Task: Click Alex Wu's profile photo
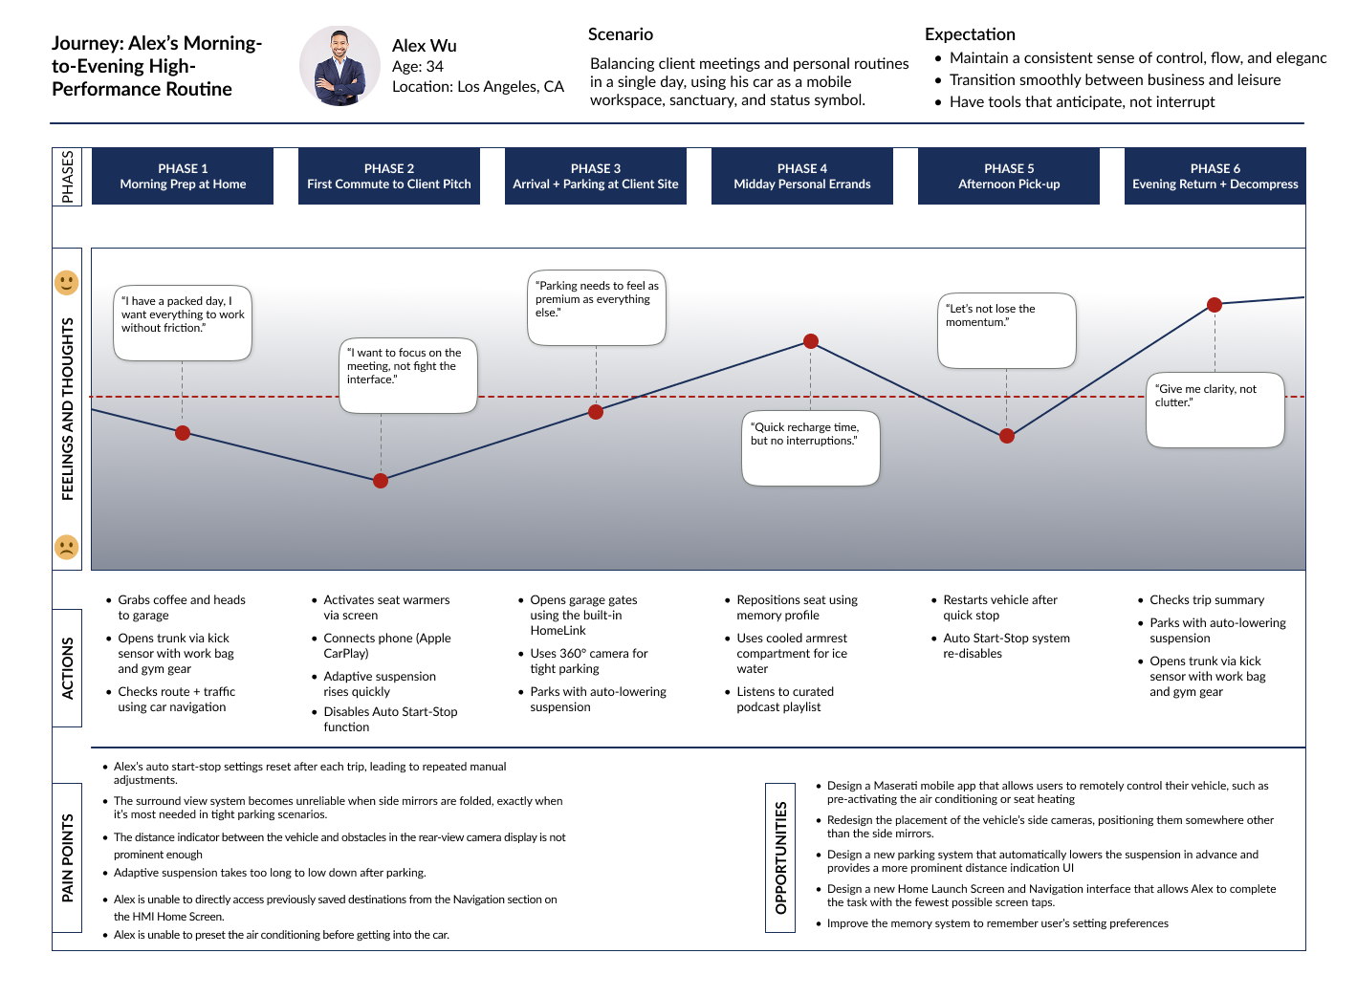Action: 339,66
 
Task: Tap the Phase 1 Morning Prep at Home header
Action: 183,176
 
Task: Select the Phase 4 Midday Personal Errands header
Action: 802,176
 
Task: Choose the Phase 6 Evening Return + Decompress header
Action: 1215,176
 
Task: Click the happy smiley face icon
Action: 66,283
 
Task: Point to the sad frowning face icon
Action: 66,547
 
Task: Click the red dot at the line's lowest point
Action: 381,481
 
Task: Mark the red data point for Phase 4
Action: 811,341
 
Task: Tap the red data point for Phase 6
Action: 1215,305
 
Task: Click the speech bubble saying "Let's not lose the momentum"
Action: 1006,330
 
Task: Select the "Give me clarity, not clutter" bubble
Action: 1215,409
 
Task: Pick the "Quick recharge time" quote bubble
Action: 810,447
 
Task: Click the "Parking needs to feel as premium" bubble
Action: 596,307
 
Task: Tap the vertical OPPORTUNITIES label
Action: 781,857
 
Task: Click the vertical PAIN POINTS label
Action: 67,857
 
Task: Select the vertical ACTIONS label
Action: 67,668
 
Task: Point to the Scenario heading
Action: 621,34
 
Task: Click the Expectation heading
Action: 970,34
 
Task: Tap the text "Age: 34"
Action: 418,67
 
